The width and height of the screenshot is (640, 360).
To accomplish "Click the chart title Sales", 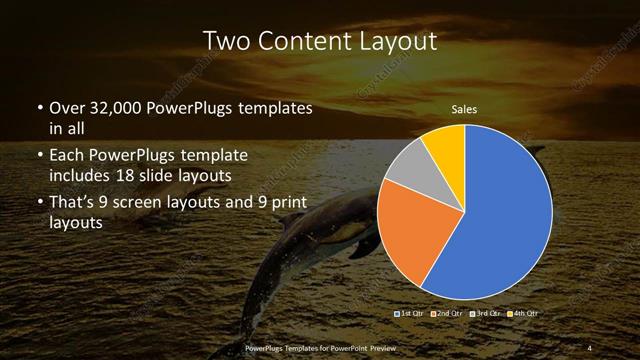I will (x=464, y=108).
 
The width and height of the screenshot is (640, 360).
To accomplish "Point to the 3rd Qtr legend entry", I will (x=484, y=314).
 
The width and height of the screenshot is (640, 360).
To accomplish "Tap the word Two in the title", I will (x=226, y=41).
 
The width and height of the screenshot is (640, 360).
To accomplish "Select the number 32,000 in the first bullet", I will (x=111, y=107).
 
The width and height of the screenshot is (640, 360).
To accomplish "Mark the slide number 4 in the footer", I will (x=589, y=348).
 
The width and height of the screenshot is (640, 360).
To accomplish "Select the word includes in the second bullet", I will (x=82, y=176).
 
